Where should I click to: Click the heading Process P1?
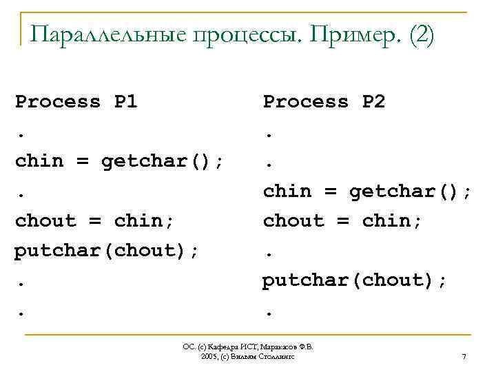[76, 102]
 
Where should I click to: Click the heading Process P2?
[324, 102]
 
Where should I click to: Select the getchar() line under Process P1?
[119, 161]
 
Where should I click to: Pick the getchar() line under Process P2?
[367, 191]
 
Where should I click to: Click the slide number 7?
[464, 357]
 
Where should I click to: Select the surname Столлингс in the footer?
[276, 358]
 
